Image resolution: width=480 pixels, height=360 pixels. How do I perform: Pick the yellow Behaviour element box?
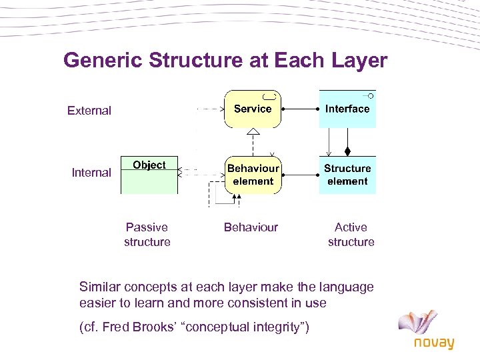click(253, 175)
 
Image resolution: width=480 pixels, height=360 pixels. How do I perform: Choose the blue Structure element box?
click(347, 175)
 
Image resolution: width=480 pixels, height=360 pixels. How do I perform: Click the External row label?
click(89, 111)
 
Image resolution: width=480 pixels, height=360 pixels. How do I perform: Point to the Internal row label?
click(91, 173)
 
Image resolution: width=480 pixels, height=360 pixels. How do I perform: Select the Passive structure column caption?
click(147, 235)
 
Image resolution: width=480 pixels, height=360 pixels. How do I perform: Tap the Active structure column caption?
click(351, 235)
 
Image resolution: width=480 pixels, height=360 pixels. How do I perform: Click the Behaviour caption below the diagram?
click(251, 227)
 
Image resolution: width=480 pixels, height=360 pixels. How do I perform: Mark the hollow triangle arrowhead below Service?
click(253, 132)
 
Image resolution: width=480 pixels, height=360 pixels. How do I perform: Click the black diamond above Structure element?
click(347, 149)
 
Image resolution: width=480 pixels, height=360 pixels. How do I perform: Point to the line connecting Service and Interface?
click(300, 108)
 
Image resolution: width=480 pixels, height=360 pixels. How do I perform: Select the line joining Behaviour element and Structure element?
click(300, 175)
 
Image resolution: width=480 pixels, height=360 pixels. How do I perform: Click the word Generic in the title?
click(103, 61)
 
